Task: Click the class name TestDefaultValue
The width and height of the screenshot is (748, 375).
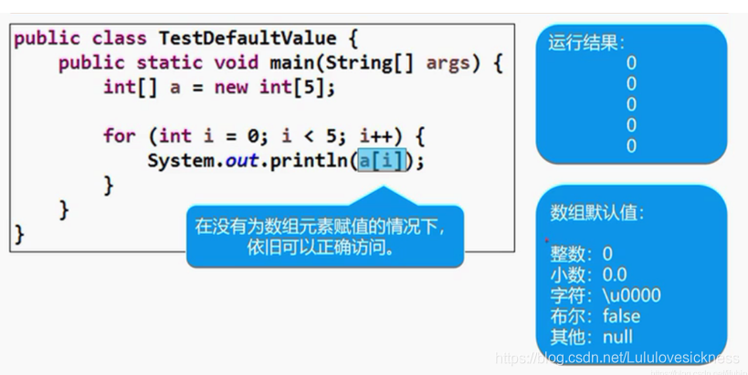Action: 248,39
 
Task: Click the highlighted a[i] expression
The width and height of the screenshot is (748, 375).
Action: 380,160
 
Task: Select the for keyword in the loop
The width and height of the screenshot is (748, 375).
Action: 120,136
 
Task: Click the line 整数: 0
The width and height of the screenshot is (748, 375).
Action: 582,253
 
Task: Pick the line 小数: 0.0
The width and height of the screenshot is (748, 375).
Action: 588,274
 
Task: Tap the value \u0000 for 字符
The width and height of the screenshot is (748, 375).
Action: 631,295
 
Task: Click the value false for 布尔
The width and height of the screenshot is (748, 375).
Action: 621,316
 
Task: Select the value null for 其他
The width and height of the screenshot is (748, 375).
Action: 617,337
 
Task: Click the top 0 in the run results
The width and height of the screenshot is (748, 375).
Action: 631,63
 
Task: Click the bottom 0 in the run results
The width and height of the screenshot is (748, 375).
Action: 631,146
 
